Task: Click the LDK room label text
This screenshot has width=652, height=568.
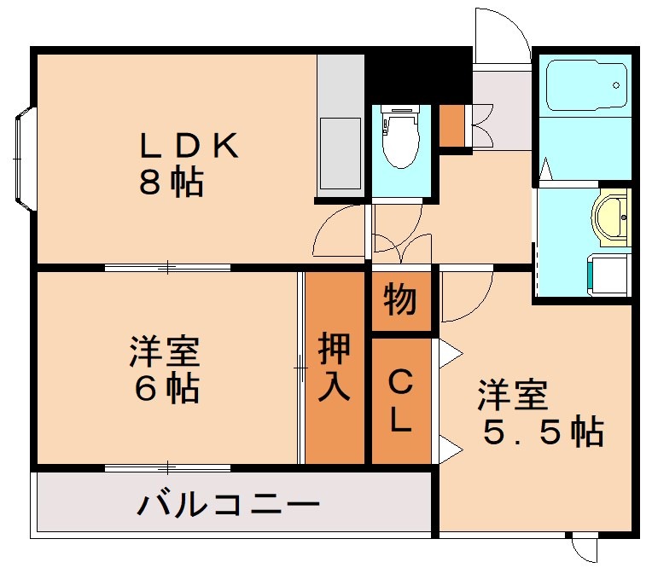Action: (x=189, y=146)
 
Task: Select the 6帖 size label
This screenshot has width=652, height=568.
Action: (x=166, y=389)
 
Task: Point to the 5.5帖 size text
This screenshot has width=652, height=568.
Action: (x=544, y=433)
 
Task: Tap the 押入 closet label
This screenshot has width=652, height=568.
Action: (x=335, y=367)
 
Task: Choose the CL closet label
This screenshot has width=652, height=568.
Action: (x=402, y=400)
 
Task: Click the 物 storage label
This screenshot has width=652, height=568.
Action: (x=400, y=301)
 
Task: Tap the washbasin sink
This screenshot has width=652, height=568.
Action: (x=609, y=217)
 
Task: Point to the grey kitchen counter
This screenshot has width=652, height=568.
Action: (x=341, y=128)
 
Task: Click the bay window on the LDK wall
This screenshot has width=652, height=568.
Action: (x=24, y=159)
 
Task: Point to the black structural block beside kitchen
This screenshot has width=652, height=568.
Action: (x=418, y=78)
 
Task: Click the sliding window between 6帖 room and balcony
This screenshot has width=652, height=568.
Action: (x=168, y=467)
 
